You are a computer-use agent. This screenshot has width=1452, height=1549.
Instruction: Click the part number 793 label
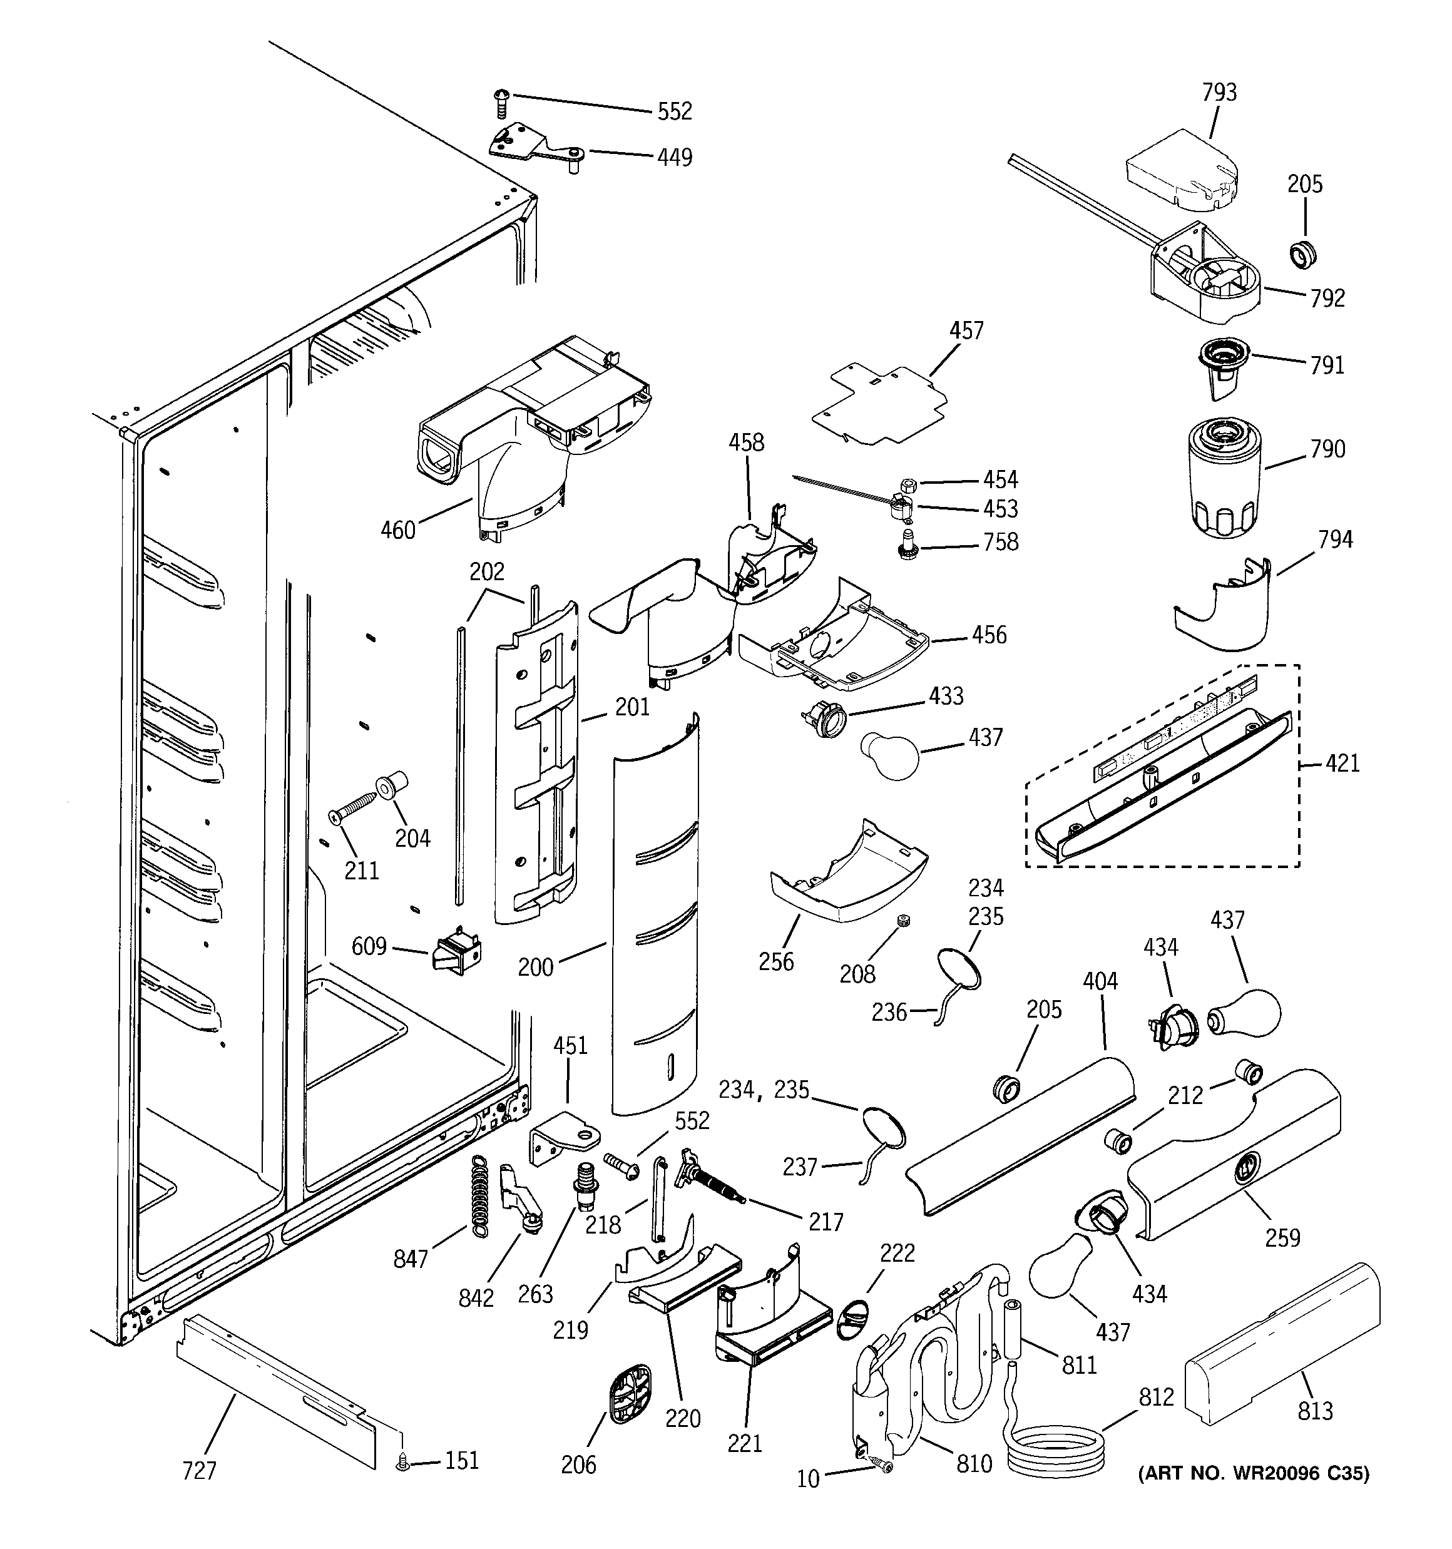(1219, 93)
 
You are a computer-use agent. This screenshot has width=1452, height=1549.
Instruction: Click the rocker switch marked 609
(457, 951)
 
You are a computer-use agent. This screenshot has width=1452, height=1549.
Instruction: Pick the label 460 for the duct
(397, 531)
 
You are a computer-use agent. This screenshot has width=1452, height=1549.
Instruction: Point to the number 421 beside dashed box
(1342, 763)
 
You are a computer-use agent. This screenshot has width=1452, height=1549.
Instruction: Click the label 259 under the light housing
(1282, 1237)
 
